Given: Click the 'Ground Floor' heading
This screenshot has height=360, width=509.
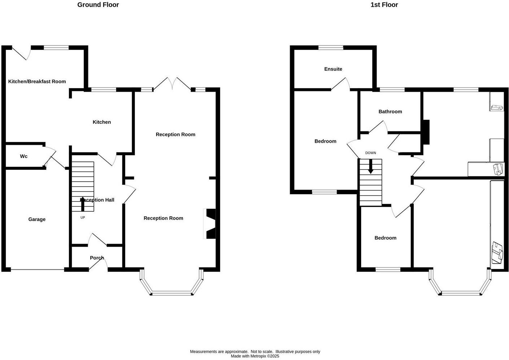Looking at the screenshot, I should point(98,5).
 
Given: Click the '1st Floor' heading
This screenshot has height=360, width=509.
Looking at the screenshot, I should point(384,5).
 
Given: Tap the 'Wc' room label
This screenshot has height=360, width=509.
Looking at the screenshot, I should point(24,156).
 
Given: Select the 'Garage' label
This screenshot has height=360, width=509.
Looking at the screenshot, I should point(37,219).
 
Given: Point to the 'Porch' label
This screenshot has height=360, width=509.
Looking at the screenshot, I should point(97,258).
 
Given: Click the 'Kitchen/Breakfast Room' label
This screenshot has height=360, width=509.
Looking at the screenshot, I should point(37,82).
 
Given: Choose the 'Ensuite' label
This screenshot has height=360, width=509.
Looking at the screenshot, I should point(333,69).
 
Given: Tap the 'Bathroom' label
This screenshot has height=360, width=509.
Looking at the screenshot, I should point(390,112).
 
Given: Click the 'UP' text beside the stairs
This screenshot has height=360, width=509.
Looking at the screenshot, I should point(83,217).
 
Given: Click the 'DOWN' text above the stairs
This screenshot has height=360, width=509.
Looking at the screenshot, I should point(370,153).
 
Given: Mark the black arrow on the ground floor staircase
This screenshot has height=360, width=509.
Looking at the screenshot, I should point(83,204).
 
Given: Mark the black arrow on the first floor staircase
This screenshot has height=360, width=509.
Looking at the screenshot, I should point(370,167).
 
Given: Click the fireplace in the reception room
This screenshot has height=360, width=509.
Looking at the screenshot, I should point(210,224).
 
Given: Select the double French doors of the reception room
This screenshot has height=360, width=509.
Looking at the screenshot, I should point(172,84).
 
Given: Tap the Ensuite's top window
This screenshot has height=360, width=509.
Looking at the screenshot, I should point(331,47).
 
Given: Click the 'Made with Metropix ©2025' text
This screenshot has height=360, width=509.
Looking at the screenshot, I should point(255,356).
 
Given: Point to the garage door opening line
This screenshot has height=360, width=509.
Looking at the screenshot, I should point(38,270).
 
